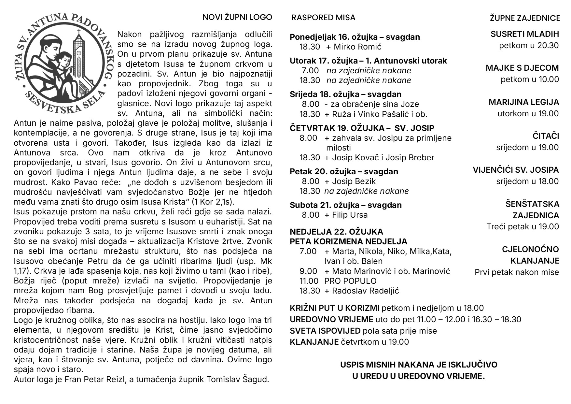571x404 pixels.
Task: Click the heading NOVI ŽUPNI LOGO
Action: coord(237,17)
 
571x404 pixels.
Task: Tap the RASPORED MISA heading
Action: coord(323,18)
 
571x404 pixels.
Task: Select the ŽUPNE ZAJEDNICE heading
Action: coord(525,18)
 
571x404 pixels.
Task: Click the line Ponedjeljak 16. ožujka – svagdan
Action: coord(355,37)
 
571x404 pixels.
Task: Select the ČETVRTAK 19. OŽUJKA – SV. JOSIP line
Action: coord(362,128)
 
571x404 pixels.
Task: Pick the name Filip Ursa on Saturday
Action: coord(350,215)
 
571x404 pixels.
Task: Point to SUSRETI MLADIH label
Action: coord(524,34)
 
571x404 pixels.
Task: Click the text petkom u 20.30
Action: coord(529,45)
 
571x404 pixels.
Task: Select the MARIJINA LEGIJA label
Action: coord(523,102)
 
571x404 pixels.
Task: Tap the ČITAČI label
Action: coord(546,136)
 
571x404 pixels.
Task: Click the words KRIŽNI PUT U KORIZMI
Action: coord(334,308)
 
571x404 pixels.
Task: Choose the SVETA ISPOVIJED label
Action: coord(325,331)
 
